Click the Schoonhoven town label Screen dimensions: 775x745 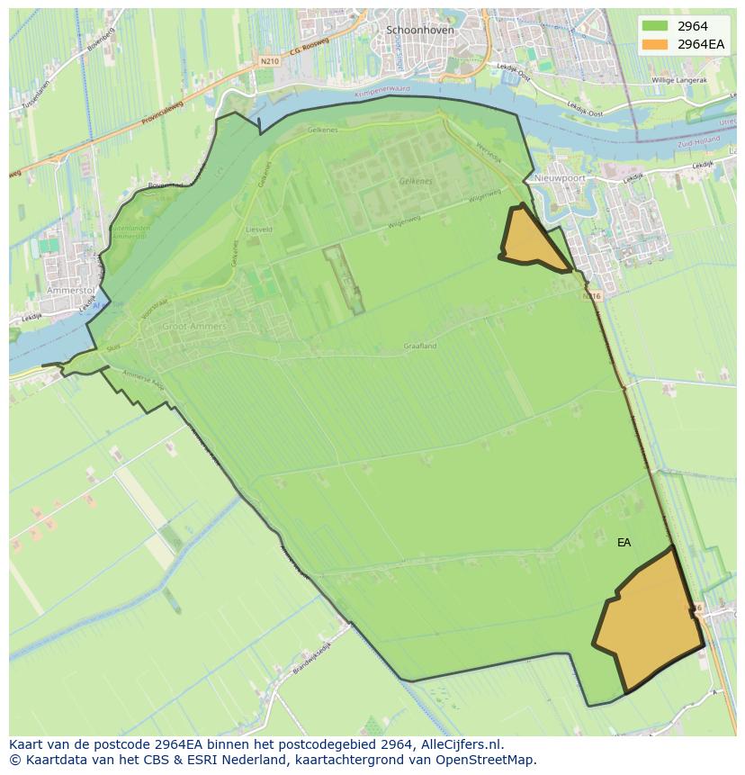click(419, 30)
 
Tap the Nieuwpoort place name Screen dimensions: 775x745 click(561, 178)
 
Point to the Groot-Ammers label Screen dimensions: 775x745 click(194, 327)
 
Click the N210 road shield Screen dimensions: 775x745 click(267, 61)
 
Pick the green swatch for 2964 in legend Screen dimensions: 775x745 click(655, 26)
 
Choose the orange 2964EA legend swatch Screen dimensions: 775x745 click(655, 44)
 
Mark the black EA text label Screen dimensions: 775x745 click(624, 543)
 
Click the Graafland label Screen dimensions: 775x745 click(420, 346)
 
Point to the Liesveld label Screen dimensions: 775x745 click(259, 230)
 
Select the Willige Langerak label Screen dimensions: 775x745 click(679, 80)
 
